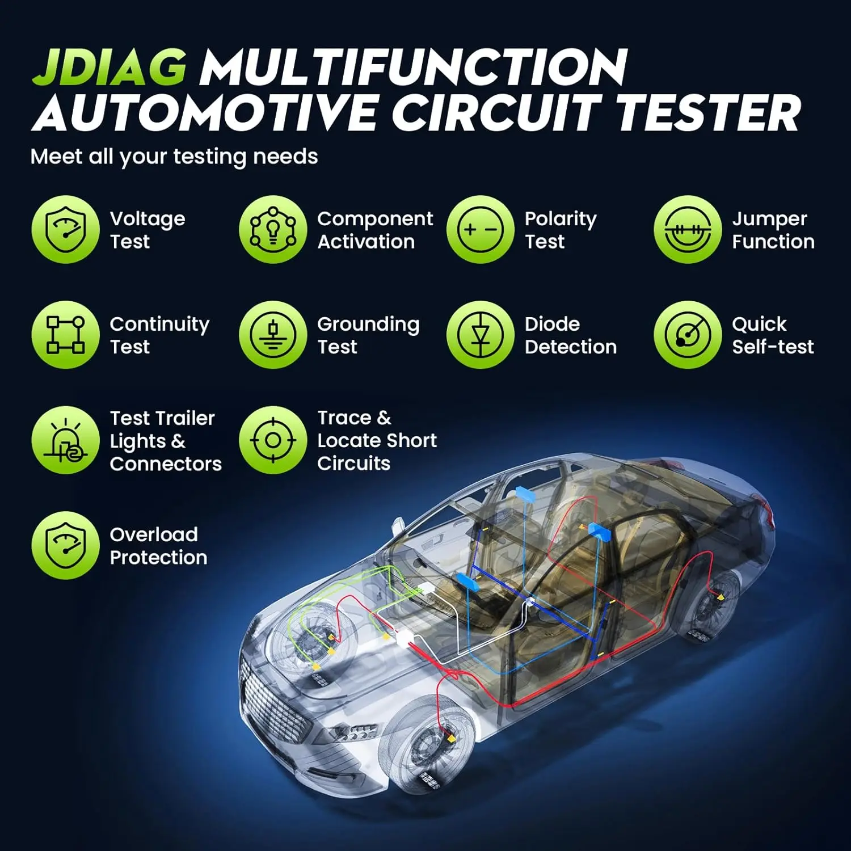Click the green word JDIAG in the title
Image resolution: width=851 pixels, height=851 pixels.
(109, 68)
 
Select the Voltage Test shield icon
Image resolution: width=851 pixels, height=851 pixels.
(65, 230)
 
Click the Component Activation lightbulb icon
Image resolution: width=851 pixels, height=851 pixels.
(273, 230)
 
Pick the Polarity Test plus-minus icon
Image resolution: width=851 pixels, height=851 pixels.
(481, 230)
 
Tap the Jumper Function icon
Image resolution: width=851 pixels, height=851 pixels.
(688, 230)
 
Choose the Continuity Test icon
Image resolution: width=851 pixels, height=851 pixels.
(65, 335)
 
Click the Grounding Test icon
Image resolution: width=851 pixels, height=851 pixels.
(273, 335)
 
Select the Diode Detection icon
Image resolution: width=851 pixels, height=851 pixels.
(481, 335)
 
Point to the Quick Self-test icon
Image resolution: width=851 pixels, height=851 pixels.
(688, 335)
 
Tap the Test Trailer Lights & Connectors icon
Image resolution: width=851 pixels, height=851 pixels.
(65, 440)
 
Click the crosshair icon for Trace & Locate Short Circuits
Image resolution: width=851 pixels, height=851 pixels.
(273, 440)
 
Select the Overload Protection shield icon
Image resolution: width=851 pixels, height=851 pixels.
(65, 545)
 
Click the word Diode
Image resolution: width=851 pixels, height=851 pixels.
(552, 324)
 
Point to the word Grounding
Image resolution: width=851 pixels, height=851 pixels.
(368, 325)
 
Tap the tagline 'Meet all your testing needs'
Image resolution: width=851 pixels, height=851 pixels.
(174, 157)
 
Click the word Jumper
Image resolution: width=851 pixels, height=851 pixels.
(769, 220)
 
